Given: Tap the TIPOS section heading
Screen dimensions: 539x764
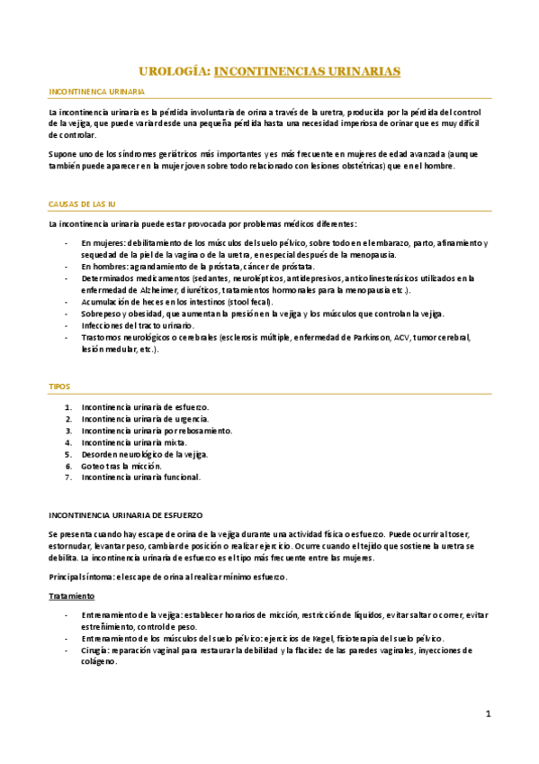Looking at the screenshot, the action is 58,386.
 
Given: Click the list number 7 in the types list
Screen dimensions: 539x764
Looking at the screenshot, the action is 69,477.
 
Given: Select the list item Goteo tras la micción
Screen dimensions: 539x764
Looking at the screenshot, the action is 121,466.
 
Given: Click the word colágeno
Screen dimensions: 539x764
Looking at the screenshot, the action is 99,661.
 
